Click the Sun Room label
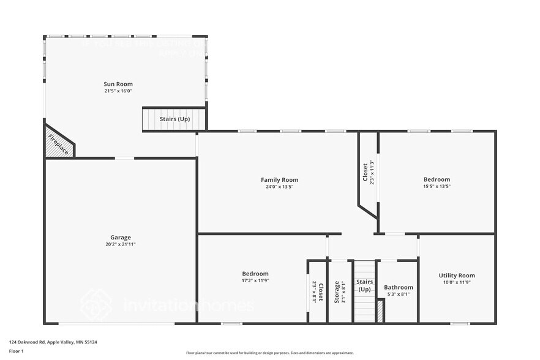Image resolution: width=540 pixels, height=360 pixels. point(118,84)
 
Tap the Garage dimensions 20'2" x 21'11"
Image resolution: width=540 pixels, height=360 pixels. point(121,244)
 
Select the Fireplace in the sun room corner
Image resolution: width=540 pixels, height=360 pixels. point(58,144)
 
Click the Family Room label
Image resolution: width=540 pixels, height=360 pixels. point(279,180)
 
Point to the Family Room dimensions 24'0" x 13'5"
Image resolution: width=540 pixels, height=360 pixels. point(279,187)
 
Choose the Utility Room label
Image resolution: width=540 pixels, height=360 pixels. point(457,276)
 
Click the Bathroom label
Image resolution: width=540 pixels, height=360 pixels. point(399,287)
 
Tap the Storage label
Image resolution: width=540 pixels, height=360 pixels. point(337,292)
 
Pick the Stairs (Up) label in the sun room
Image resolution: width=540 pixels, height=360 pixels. point(174,119)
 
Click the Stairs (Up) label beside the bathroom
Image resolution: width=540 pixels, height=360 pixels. point(365,285)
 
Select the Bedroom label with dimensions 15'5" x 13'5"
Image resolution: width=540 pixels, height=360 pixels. point(437,179)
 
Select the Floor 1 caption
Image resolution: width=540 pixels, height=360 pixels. point(16,351)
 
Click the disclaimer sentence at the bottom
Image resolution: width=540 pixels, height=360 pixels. point(269,353)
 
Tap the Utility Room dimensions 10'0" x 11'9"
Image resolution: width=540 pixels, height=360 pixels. point(457,283)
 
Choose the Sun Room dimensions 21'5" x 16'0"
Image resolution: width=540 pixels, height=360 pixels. point(118,91)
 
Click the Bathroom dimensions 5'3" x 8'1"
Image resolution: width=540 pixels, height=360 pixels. point(399,294)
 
